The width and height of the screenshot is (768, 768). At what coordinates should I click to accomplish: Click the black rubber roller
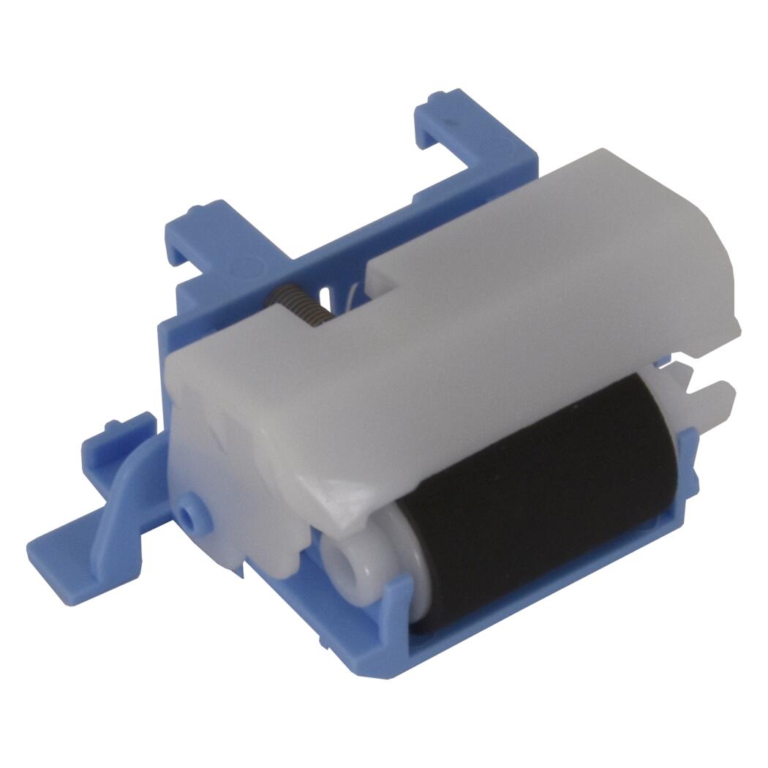click(x=541, y=497)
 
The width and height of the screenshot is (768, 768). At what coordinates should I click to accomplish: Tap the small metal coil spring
click(x=296, y=304)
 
